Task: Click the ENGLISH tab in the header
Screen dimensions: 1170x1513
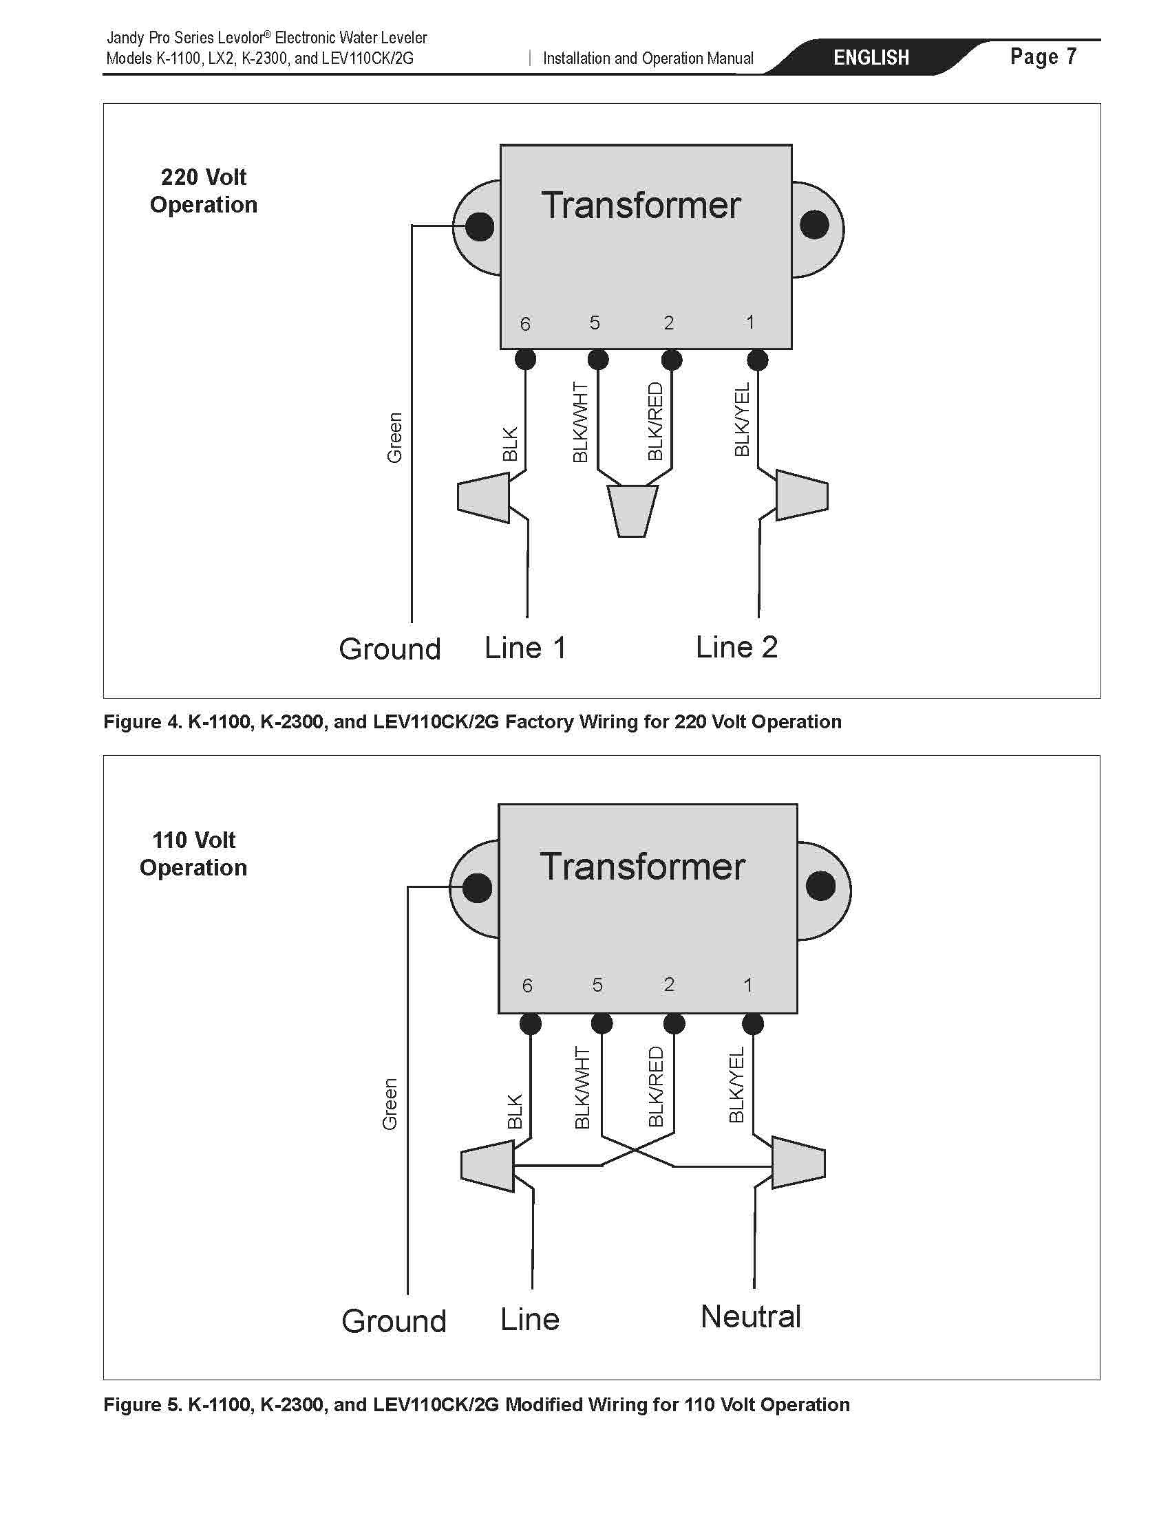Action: point(871,58)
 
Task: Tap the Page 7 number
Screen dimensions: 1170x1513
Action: point(1043,56)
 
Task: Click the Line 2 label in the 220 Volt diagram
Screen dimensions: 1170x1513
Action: point(737,647)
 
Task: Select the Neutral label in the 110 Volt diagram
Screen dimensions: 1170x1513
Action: point(751,1316)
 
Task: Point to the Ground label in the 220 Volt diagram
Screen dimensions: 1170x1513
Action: point(390,649)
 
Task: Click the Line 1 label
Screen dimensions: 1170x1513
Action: point(525,648)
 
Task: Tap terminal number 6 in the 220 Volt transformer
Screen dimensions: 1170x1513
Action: point(525,323)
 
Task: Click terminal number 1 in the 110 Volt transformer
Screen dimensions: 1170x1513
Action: point(748,984)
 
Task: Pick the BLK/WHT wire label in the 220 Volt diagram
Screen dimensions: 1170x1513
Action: point(581,422)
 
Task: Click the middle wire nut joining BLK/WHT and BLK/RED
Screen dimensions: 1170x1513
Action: point(632,510)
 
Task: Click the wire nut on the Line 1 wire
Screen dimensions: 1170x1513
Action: point(484,497)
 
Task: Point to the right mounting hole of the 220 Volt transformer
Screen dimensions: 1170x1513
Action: point(814,226)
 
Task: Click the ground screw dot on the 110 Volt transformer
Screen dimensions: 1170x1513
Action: point(477,887)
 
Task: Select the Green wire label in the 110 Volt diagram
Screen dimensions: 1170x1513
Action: point(390,1104)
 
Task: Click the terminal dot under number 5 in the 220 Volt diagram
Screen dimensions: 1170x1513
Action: point(598,360)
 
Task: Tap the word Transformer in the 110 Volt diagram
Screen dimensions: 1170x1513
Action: point(643,866)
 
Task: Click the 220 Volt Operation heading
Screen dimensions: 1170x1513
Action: point(204,191)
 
